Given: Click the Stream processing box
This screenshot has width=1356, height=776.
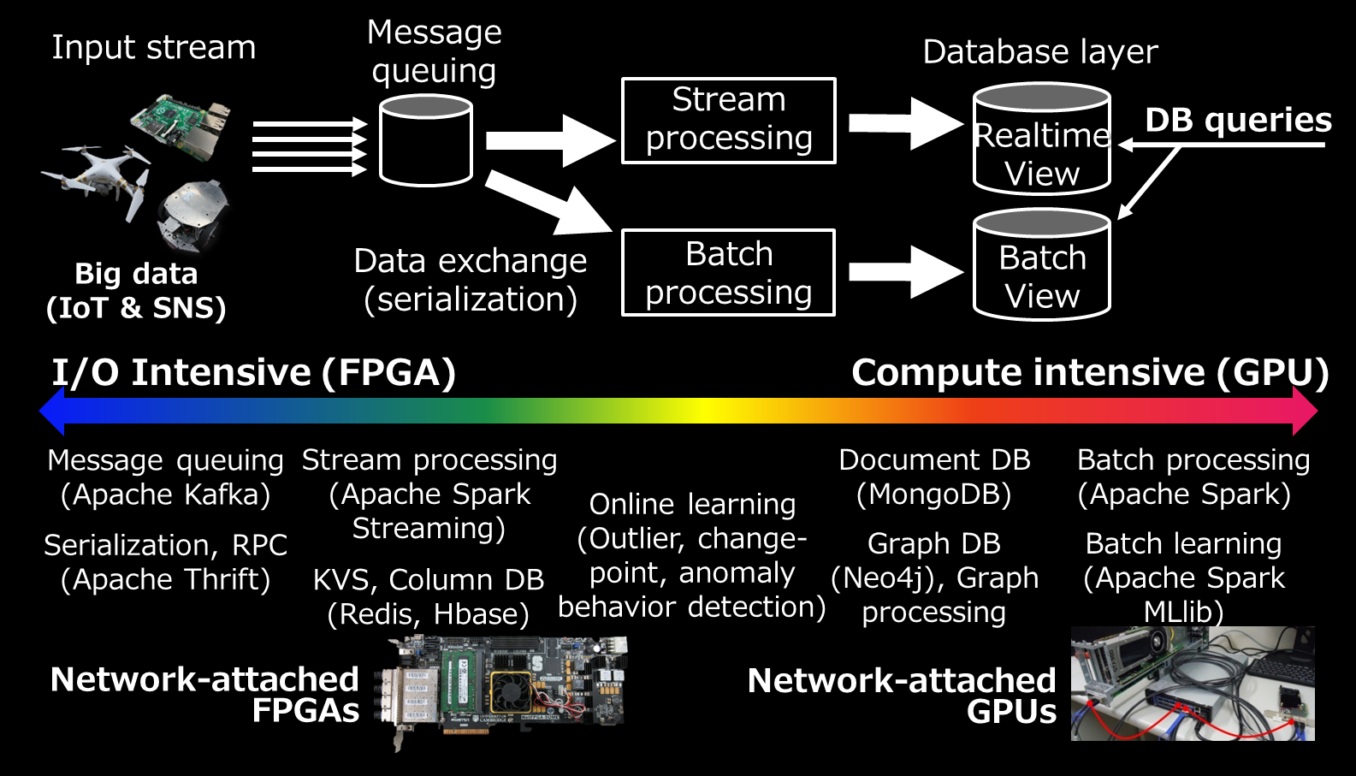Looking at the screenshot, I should click(728, 121).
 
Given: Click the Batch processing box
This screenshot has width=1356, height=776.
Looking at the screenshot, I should click(728, 273).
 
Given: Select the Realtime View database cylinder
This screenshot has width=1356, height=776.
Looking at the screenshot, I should click(1041, 141).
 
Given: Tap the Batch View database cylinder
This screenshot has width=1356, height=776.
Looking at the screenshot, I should click(1041, 266).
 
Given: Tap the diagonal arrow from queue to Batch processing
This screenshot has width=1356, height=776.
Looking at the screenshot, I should click(548, 202).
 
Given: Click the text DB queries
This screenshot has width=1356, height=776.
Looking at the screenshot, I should click(1238, 121).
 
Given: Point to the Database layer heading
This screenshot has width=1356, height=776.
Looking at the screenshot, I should click(1039, 52).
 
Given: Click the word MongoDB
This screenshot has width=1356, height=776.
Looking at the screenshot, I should click(934, 495).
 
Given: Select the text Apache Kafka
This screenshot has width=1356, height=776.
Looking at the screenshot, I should click(166, 495).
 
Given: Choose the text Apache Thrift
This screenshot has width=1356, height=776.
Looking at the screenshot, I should click(166, 580).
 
